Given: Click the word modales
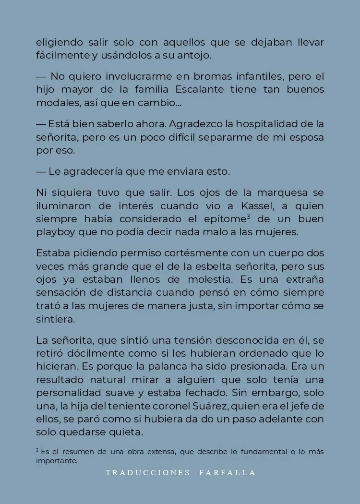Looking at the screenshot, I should tap(55, 102).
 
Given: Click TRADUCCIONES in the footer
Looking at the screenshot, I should tap(148, 473).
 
